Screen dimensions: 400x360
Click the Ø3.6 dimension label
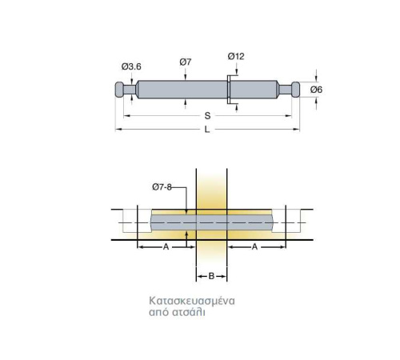click(x=131, y=66)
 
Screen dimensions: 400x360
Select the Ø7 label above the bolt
click(x=186, y=62)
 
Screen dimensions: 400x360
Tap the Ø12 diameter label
click(x=236, y=56)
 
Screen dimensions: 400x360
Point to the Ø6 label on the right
click(x=316, y=90)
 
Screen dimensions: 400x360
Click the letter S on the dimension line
click(x=207, y=116)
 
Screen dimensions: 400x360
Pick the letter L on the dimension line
click(x=207, y=130)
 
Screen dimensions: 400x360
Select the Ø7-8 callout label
click(x=162, y=187)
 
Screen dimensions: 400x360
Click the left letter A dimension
click(x=166, y=247)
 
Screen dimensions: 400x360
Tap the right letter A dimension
click(x=254, y=247)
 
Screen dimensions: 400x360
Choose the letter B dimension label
click(x=211, y=276)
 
